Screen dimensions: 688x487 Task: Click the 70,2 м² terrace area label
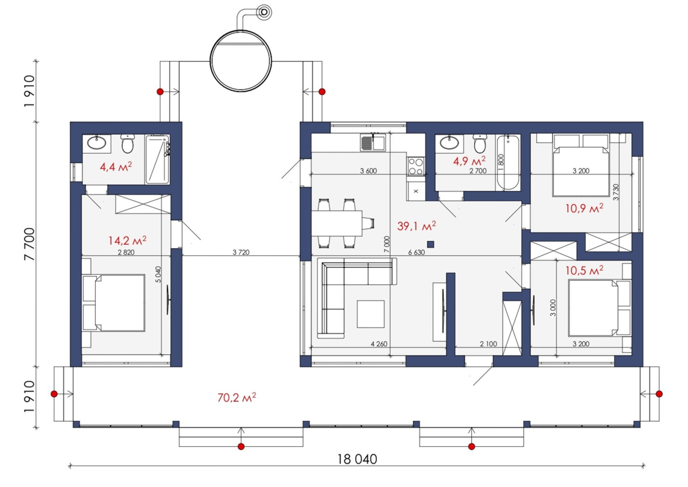coord(237,397)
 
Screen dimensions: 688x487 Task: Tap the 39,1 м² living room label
coord(417,226)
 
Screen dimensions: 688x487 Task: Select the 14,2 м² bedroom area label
coord(127,240)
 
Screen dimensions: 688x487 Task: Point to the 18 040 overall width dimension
coord(357,459)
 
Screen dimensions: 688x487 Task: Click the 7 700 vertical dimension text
coord(29,244)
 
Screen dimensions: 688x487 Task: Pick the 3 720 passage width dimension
coord(241,252)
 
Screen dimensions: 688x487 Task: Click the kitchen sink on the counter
coord(373,142)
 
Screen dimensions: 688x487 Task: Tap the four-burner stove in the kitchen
coord(416,166)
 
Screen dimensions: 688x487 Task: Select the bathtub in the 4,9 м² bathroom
coord(508,162)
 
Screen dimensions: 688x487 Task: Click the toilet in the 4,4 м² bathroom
coord(127,144)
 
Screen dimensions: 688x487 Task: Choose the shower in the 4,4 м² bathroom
coord(158,159)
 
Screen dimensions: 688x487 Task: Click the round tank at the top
coord(241,61)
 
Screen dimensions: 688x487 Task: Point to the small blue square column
coord(430,244)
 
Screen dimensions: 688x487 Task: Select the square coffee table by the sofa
coord(370,314)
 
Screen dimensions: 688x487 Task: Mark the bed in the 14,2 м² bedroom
coord(114,303)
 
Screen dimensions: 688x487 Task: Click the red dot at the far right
coord(659,394)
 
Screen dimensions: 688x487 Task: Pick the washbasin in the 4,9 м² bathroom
coord(449,142)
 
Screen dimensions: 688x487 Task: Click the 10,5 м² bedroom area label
coord(584,270)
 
